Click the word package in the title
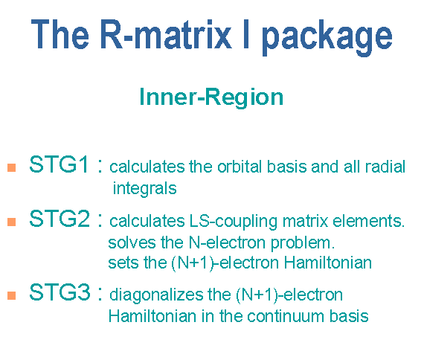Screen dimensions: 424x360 [x=327, y=37]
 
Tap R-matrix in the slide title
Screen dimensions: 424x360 [x=166, y=34]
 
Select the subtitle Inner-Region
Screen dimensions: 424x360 [x=211, y=97]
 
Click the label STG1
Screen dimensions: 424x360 [x=59, y=164]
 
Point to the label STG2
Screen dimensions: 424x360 [x=60, y=218]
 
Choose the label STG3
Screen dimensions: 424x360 [x=60, y=292]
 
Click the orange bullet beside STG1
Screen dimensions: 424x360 [x=12, y=167]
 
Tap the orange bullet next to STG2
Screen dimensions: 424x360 [x=12, y=222]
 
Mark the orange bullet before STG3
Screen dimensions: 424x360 [x=12, y=295]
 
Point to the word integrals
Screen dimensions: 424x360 [x=144, y=188]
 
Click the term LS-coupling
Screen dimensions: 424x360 [x=234, y=222]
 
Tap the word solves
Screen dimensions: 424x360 [x=132, y=242]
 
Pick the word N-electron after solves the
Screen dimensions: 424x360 [x=227, y=242]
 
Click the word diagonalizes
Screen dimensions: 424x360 [x=156, y=295]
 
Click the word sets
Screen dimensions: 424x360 [x=123, y=263]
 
